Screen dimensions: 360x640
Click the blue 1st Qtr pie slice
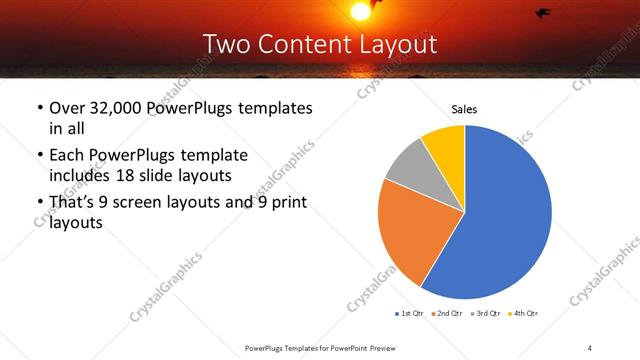[505, 220]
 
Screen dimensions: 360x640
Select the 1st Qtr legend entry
[411, 314]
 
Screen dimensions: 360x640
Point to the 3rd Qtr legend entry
[486, 314]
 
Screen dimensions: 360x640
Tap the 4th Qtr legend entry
[524, 314]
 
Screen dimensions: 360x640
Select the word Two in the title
[224, 44]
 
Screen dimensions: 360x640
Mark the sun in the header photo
[360, 10]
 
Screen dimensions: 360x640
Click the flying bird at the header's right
[543, 13]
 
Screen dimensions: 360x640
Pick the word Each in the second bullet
[67, 155]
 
